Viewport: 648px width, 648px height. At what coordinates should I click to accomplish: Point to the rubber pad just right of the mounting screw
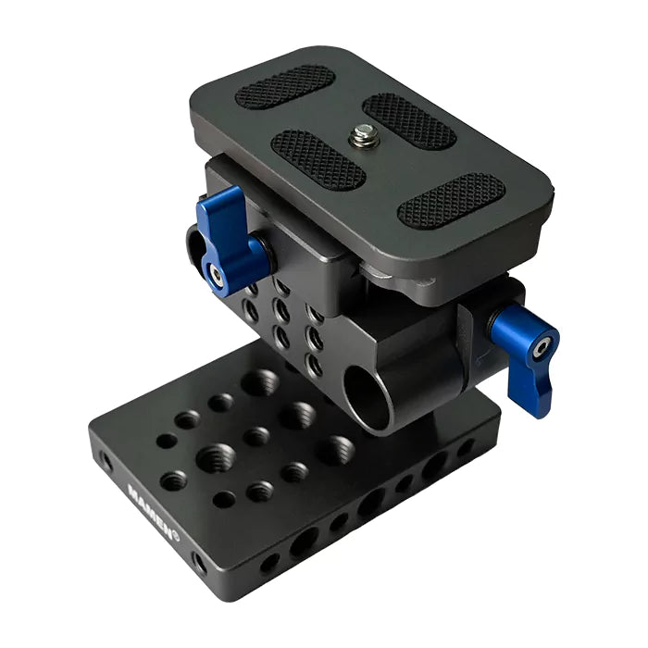408,120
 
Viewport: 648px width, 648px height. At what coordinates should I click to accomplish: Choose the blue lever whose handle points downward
529,357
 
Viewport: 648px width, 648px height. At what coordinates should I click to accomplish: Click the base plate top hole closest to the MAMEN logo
173,480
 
